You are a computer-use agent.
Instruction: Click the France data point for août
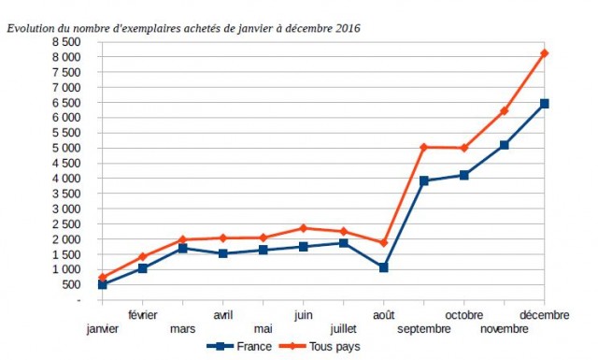(383, 267)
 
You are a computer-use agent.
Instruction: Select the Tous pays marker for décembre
(544, 53)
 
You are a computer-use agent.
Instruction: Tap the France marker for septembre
(423, 180)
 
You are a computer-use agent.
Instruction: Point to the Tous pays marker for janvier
(102, 277)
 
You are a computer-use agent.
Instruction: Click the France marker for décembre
(544, 104)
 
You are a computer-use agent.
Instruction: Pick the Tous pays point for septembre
(423, 147)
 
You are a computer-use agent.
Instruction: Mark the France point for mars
(182, 248)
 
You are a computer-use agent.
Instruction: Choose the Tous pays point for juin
(303, 228)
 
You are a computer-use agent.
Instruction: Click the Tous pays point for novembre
(504, 111)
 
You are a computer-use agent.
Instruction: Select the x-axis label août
(383, 315)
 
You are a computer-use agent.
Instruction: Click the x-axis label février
(142, 315)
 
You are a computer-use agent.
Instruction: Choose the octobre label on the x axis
(463, 315)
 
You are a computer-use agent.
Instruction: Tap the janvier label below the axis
(102, 328)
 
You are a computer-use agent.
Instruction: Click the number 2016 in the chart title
(347, 28)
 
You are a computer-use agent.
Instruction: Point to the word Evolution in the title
(30, 28)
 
